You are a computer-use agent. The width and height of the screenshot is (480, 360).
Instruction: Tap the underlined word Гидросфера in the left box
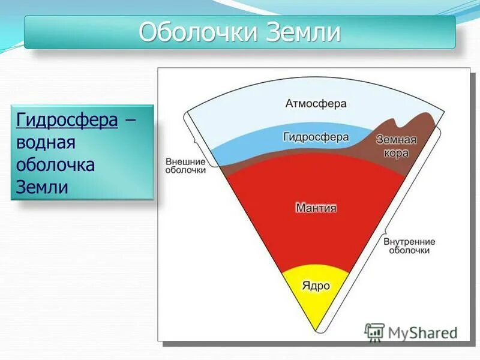(x=67, y=120)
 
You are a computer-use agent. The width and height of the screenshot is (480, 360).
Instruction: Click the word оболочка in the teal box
(x=55, y=165)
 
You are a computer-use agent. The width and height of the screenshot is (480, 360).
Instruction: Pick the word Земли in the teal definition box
(x=41, y=187)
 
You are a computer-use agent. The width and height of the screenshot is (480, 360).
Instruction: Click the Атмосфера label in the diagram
(x=316, y=104)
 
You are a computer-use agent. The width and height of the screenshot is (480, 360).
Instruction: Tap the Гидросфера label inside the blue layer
(x=316, y=137)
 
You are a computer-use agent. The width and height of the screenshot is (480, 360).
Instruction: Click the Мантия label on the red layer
(x=316, y=208)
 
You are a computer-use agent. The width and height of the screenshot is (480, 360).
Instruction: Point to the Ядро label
(x=316, y=286)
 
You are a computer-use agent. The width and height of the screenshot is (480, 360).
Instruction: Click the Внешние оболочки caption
(x=185, y=166)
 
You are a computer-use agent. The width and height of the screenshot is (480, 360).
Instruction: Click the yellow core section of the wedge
(x=316, y=300)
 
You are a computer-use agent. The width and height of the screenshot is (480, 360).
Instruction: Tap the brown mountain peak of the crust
(x=425, y=116)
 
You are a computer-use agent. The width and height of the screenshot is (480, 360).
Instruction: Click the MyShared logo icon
(x=374, y=332)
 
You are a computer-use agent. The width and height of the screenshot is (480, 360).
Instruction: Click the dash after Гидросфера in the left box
(x=130, y=121)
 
